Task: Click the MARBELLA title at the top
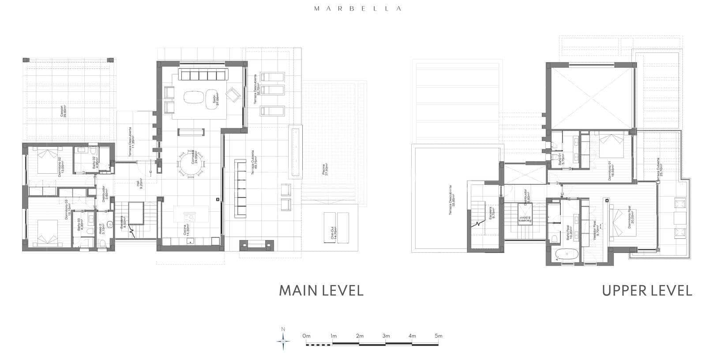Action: coord(357,8)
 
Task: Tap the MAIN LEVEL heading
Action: coord(321,291)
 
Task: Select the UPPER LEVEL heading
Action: coord(647,291)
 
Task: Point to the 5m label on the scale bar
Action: coord(438,336)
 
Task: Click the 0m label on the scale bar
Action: coord(307,336)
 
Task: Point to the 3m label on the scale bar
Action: coord(386,336)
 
